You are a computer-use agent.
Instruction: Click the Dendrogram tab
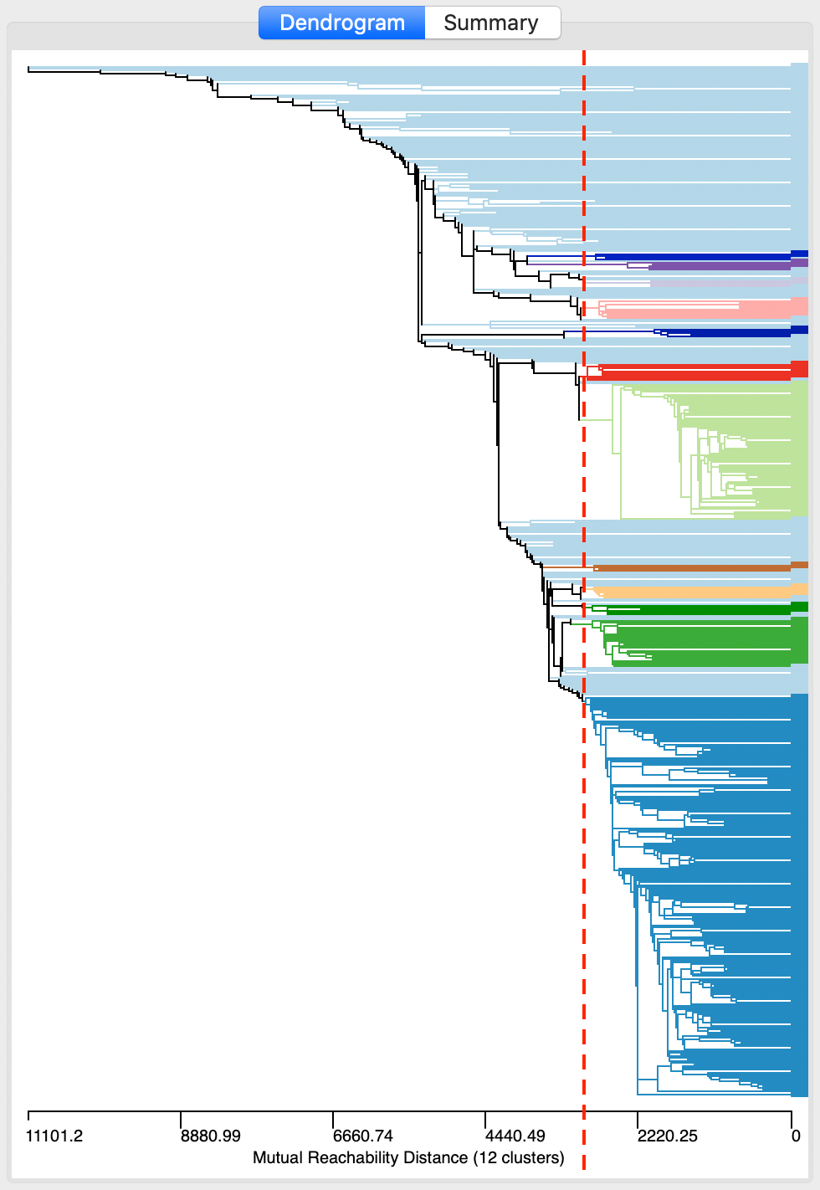[x=342, y=23]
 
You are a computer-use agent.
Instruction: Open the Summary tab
[x=491, y=23]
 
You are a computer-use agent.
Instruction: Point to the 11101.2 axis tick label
[x=54, y=1136]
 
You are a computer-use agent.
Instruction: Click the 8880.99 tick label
[x=211, y=1136]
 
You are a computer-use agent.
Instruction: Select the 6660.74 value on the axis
[x=363, y=1136]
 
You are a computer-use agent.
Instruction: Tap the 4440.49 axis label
[x=515, y=1136]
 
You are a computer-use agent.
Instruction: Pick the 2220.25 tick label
[x=667, y=1136]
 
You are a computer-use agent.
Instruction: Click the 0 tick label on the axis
[x=796, y=1136]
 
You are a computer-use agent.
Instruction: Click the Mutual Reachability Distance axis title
[x=408, y=1157]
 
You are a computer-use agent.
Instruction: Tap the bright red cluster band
[x=694, y=370]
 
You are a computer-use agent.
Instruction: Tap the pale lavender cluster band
[x=720, y=284]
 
